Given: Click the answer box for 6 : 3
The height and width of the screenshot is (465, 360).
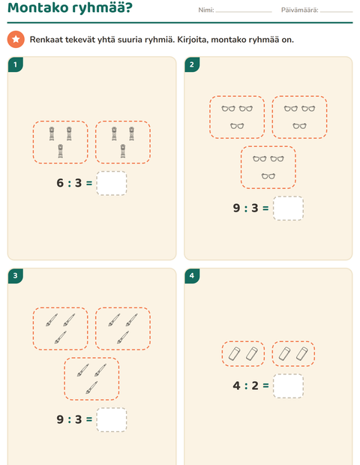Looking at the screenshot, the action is point(112,183).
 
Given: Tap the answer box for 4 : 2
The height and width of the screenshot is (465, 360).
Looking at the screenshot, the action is point(288,385).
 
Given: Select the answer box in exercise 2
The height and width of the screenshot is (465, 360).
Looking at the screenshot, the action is point(288,208).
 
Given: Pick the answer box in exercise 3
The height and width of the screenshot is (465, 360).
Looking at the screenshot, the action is point(112,420).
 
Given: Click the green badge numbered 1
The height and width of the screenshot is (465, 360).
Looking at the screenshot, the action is point(16,64).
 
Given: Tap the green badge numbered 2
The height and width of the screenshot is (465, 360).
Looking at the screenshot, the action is point(192,64).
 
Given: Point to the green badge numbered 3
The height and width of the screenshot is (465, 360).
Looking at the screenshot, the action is point(16,276).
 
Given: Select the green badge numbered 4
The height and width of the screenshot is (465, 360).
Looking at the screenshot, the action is point(192,276).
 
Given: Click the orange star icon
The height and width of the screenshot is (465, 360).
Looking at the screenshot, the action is point(16,39).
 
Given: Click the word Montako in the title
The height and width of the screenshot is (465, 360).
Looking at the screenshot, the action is point(38,7).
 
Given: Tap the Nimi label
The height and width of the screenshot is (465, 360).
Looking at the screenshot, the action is point(206,10).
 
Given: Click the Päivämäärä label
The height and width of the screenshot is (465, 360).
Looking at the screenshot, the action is point(299,10).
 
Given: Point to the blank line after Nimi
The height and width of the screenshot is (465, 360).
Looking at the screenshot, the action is point(244,12).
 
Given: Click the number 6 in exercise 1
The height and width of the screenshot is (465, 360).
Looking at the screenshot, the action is point(60,183).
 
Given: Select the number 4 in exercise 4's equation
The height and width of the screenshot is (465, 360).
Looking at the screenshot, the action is point(236,385).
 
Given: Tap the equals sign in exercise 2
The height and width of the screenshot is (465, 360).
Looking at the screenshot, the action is point(265,208).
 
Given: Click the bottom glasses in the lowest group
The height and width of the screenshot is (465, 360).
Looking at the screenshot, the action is point(268,176).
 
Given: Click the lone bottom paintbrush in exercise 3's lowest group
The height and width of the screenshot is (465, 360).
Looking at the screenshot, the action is point(91,388).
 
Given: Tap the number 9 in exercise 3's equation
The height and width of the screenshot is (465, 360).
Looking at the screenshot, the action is point(60,420).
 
